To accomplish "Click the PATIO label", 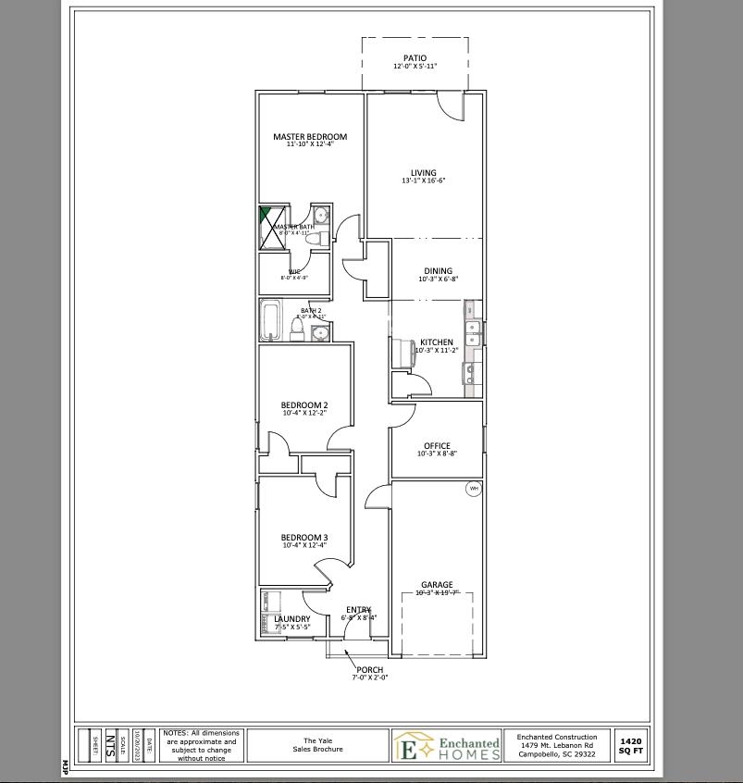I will [x=415, y=58].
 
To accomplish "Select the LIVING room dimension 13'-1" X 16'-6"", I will [x=424, y=181].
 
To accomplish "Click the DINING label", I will [x=438, y=271].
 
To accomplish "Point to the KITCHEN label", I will [x=437, y=342].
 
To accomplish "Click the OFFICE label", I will [x=437, y=446].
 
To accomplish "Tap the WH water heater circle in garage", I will [x=473, y=489].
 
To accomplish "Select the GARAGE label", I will [x=437, y=585].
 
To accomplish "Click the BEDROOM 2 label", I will [x=304, y=405].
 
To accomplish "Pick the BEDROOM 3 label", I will [x=304, y=538].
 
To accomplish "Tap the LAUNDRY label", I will [x=292, y=619].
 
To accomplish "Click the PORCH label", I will [x=370, y=670].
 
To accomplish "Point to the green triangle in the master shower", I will [x=265, y=215].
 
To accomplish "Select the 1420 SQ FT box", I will [x=630, y=746].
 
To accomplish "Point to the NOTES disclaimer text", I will [x=201, y=745].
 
